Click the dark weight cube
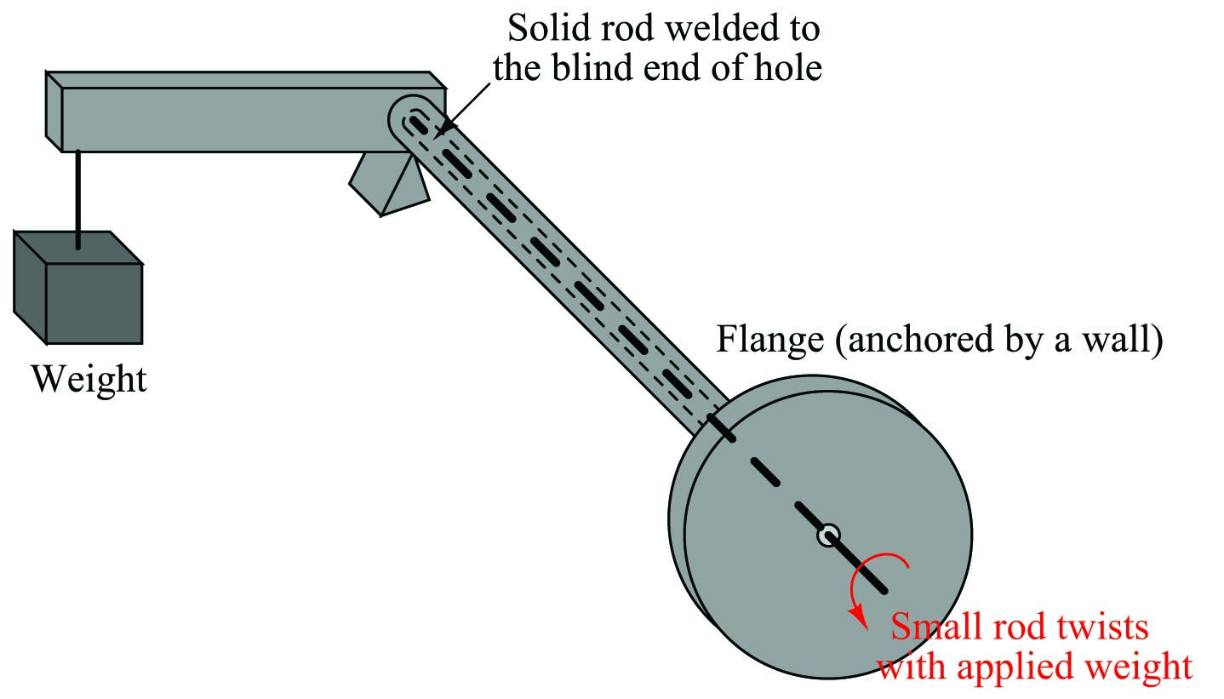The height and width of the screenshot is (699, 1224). (x=78, y=288)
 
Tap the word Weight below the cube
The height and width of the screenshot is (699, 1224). (x=89, y=379)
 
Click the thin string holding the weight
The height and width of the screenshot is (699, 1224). (x=78, y=199)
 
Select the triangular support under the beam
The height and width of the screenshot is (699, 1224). (x=390, y=184)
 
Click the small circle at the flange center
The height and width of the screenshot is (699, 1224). (x=828, y=535)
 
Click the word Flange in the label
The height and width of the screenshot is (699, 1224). (x=770, y=339)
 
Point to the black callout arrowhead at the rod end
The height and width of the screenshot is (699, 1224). (x=445, y=127)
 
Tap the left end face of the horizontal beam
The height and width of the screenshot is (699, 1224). (x=54, y=111)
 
